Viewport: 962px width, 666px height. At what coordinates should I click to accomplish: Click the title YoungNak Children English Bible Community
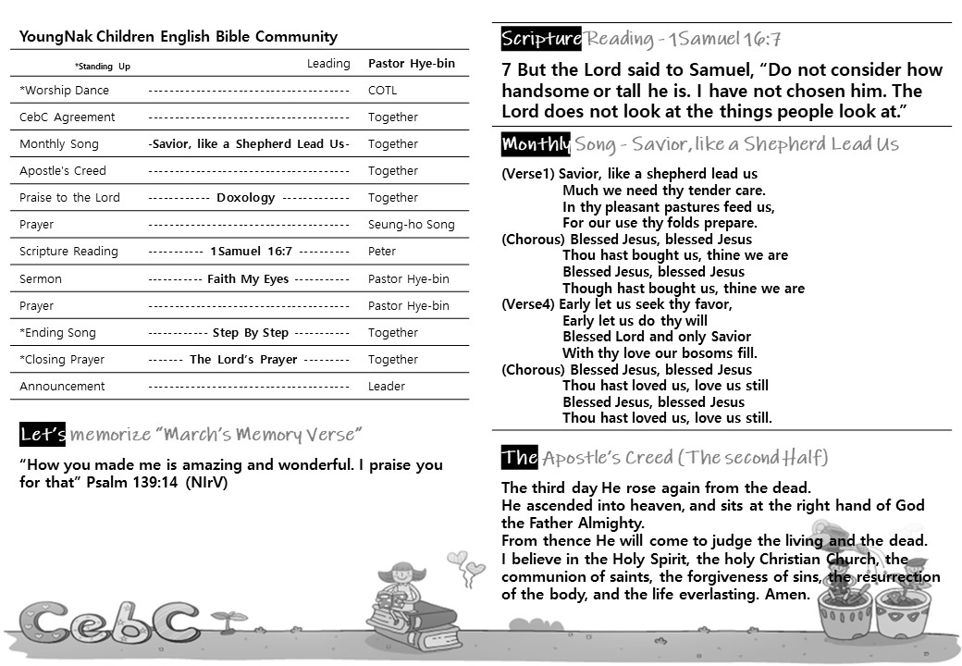(179, 37)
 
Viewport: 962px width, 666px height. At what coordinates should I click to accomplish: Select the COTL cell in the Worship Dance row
(382, 91)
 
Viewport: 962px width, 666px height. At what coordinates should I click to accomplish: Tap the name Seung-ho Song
(412, 225)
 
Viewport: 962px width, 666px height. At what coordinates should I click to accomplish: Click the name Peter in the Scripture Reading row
(382, 252)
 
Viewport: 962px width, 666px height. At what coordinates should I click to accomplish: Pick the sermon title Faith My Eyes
(248, 278)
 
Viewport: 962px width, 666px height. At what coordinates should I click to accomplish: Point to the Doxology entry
(246, 198)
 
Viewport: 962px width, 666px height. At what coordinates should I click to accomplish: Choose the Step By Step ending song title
(251, 333)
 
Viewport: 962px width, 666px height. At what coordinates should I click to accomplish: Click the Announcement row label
(62, 387)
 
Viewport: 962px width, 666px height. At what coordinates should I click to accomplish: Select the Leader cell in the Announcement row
(387, 387)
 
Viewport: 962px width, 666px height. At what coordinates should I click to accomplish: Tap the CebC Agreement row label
(68, 117)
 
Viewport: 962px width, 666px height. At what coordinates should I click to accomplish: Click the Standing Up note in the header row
(103, 67)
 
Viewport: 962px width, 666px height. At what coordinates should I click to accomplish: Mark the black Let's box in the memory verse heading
(43, 434)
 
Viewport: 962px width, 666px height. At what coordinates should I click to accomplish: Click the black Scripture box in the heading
(541, 39)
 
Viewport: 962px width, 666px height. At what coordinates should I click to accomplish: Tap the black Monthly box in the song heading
(536, 144)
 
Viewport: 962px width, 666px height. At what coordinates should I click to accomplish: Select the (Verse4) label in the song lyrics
(528, 304)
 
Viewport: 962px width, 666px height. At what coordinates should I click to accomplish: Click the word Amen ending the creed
(788, 595)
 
